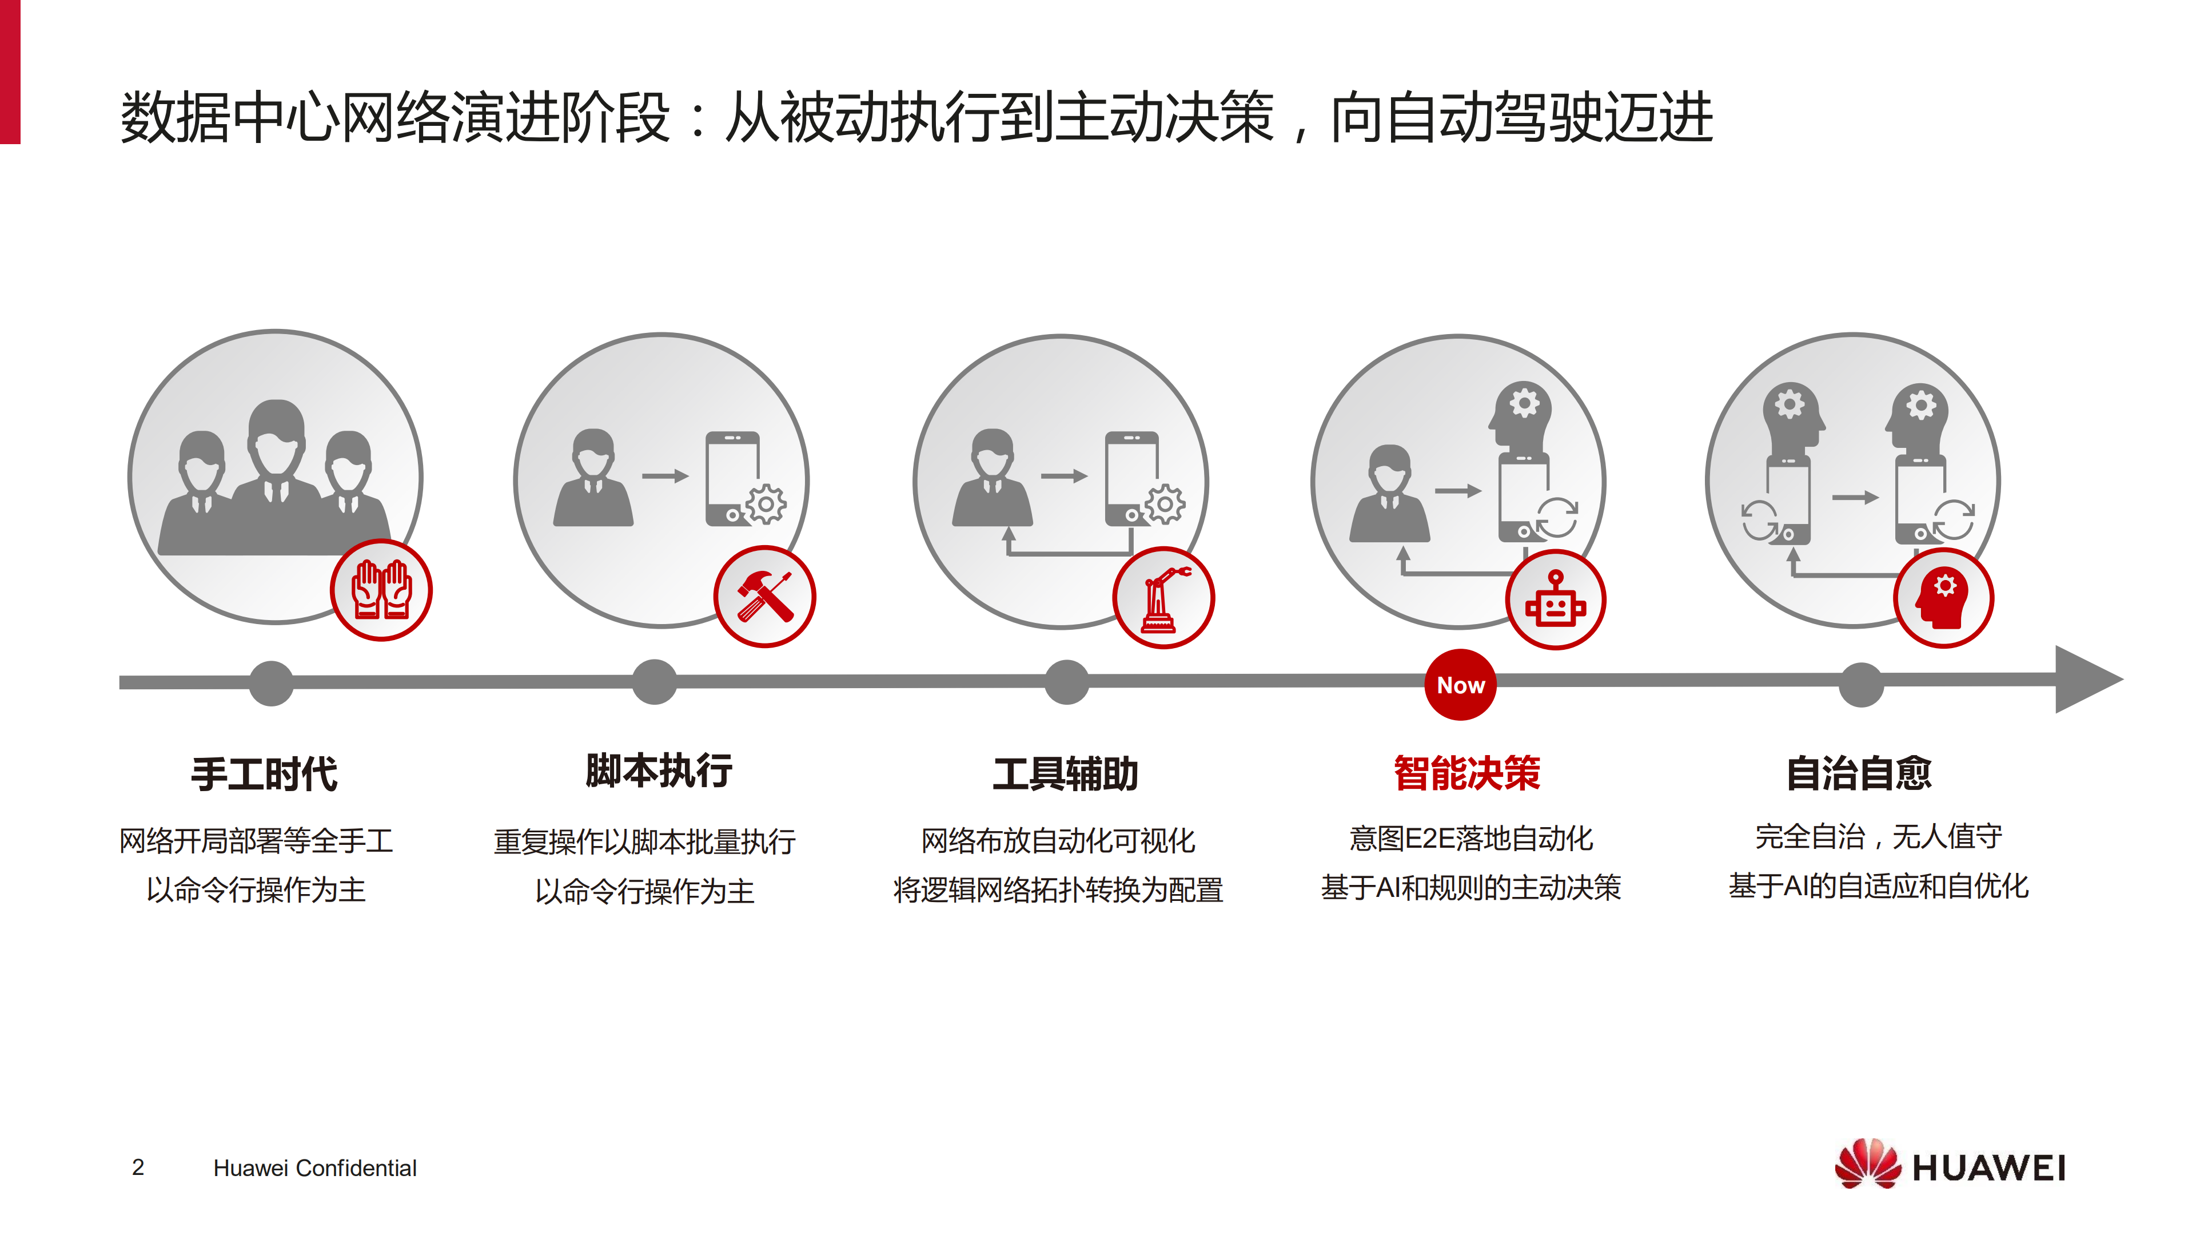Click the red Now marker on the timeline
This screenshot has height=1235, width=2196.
coord(1460,685)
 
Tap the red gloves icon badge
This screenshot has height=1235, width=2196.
coord(381,590)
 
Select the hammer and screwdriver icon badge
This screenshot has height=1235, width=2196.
coord(764,596)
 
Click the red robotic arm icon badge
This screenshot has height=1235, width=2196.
coord(1163,597)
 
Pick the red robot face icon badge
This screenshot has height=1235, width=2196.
coord(1556,599)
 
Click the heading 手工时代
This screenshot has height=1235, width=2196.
coord(264,773)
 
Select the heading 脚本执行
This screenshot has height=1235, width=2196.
coord(658,770)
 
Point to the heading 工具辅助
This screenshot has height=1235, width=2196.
coord(1065,773)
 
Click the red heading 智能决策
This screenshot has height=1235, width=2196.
coord(1466,773)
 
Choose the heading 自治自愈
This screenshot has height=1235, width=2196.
coord(1859,773)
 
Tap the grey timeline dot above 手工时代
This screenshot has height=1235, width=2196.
coord(272,683)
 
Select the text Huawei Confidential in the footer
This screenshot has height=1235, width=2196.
coord(314,1168)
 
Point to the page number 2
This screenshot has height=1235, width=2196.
coord(138,1167)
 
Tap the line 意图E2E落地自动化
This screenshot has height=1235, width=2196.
coord(1470,839)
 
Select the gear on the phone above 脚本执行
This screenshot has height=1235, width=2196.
coord(766,504)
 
